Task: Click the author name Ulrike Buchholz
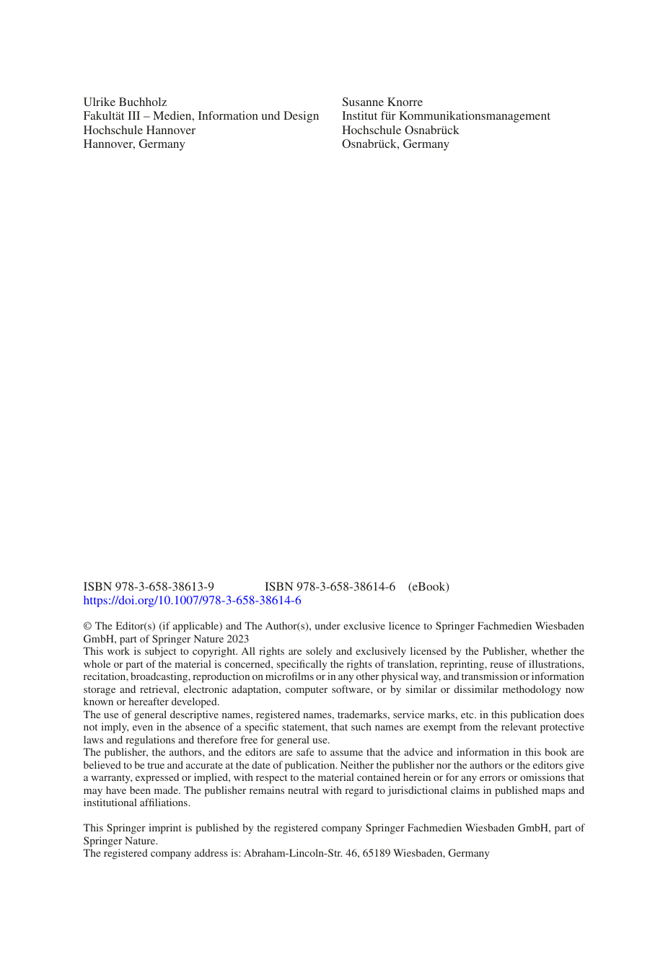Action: coord(125,102)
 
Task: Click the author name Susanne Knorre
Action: coord(382,102)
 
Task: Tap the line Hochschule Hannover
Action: coord(139,131)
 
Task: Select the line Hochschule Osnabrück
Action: coord(400,131)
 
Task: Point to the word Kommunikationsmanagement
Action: coord(475,116)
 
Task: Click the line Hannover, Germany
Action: coord(134,144)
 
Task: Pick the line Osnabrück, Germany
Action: coord(395,144)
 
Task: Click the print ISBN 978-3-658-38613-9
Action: coord(149,587)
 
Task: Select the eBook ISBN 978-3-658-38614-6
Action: coord(330,587)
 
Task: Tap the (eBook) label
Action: coord(429,587)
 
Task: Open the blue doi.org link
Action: coord(192,601)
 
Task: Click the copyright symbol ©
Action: coord(87,627)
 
